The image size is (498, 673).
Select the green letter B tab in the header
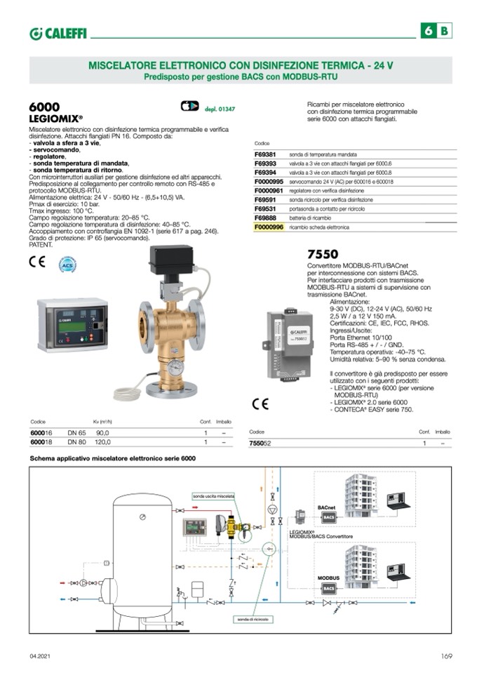coord(445,31)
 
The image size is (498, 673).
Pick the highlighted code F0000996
coord(269,227)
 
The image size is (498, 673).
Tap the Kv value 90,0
coord(103,433)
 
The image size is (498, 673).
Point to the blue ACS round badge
coord(67,265)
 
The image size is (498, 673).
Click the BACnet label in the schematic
coord(327,506)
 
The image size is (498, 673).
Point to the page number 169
coord(446,656)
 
